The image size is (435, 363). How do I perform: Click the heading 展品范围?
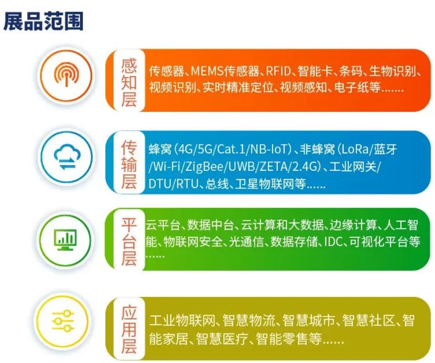tap(43, 21)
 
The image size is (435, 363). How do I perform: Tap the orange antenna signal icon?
tap(66, 74)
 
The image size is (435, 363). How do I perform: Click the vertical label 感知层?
tap(129, 82)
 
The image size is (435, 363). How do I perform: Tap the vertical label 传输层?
tap(129, 165)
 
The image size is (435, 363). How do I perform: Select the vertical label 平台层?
tap(129, 242)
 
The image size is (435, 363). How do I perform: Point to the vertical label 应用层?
tap(129, 330)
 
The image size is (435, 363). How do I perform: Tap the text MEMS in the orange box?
tap(207, 71)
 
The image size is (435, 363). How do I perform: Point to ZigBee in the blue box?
tap(206, 167)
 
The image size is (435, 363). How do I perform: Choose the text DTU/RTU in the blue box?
tap(173, 184)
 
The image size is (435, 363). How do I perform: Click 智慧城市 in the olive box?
tap(309, 320)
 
